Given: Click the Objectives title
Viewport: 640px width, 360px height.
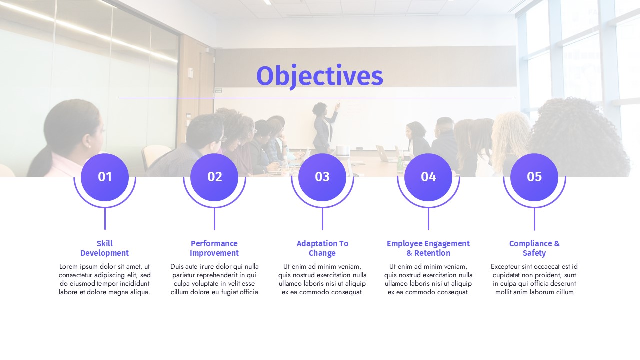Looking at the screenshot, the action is (319, 76).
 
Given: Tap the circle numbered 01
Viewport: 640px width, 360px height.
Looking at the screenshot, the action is (105, 177).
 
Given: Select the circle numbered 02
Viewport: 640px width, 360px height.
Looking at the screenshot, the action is (214, 177).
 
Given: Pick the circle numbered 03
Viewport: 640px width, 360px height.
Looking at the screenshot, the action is (322, 177).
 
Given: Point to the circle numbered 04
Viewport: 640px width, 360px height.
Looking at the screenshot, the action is (428, 177).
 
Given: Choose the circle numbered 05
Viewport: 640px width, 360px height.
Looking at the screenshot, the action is (534, 177).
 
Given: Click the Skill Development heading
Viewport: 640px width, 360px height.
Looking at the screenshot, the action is (105, 248).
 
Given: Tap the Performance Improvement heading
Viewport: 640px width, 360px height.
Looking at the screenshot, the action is (214, 248).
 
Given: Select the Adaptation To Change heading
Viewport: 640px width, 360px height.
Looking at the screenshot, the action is (322, 248).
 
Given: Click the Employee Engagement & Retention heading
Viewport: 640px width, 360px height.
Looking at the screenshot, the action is (428, 248).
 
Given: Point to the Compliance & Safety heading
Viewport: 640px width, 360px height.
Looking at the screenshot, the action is (534, 248).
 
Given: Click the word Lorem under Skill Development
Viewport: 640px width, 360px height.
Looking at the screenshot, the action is (68, 267).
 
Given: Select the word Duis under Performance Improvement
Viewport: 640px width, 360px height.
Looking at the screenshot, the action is (177, 267).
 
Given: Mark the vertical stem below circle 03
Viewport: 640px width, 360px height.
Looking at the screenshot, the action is (322, 219).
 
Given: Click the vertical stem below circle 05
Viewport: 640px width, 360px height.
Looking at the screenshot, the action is (534, 219).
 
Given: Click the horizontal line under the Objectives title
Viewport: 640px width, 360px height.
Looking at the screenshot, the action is (316, 98).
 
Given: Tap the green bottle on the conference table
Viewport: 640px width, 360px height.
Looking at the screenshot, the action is (400, 164).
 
